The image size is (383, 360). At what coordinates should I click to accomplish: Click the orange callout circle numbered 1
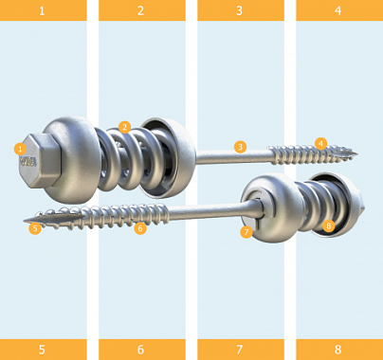pyautogui.click(x=20, y=149)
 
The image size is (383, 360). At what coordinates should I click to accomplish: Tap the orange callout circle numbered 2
pyautogui.click(x=125, y=127)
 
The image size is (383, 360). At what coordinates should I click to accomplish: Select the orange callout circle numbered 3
pyautogui.click(x=240, y=147)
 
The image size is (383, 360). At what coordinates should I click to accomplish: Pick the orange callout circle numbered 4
pyautogui.click(x=320, y=144)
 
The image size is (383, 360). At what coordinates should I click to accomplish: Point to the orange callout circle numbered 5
pyautogui.click(x=35, y=228)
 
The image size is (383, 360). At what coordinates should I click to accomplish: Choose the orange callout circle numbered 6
pyautogui.click(x=140, y=228)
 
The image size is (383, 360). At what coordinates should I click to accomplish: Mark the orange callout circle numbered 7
pyautogui.click(x=246, y=232)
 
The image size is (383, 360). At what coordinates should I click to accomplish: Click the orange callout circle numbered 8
pyautogui.click(x=329, y=225)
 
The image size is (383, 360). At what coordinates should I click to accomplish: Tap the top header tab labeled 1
pyautogui.click(x=44, y=10)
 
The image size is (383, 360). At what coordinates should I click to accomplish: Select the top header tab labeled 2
pyautogui.click(x=142, y=10)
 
